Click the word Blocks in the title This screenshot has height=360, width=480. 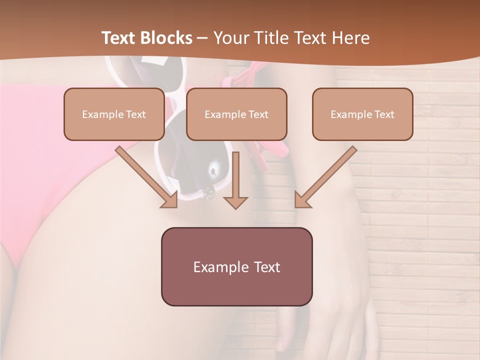coord(167,38)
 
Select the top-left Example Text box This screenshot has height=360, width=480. coord(114,114)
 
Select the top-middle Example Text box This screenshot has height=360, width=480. coord(236,114)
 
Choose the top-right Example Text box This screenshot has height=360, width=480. coord(362,114)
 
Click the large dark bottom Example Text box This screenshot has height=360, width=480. coord(236,266)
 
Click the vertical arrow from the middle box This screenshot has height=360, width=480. coord(235,175)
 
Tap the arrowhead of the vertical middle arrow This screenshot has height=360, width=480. coord(235,202)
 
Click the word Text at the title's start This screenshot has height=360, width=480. coord(119,38)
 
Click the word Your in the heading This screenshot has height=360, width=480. coord(229,38)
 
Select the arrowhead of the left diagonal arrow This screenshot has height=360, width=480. coord(170,200)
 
